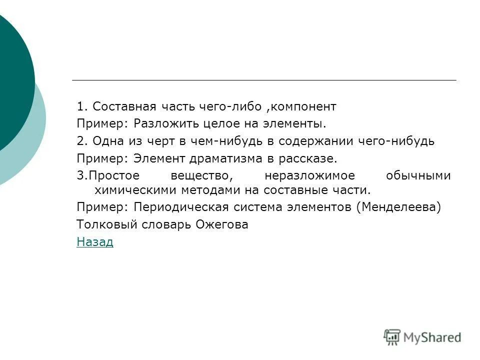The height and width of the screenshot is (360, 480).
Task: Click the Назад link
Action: (95, 242)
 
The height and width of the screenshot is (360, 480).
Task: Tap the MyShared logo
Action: (422, 337)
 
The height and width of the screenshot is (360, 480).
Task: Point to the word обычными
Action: (418, 176)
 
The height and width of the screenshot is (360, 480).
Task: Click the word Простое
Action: (114, 176)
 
